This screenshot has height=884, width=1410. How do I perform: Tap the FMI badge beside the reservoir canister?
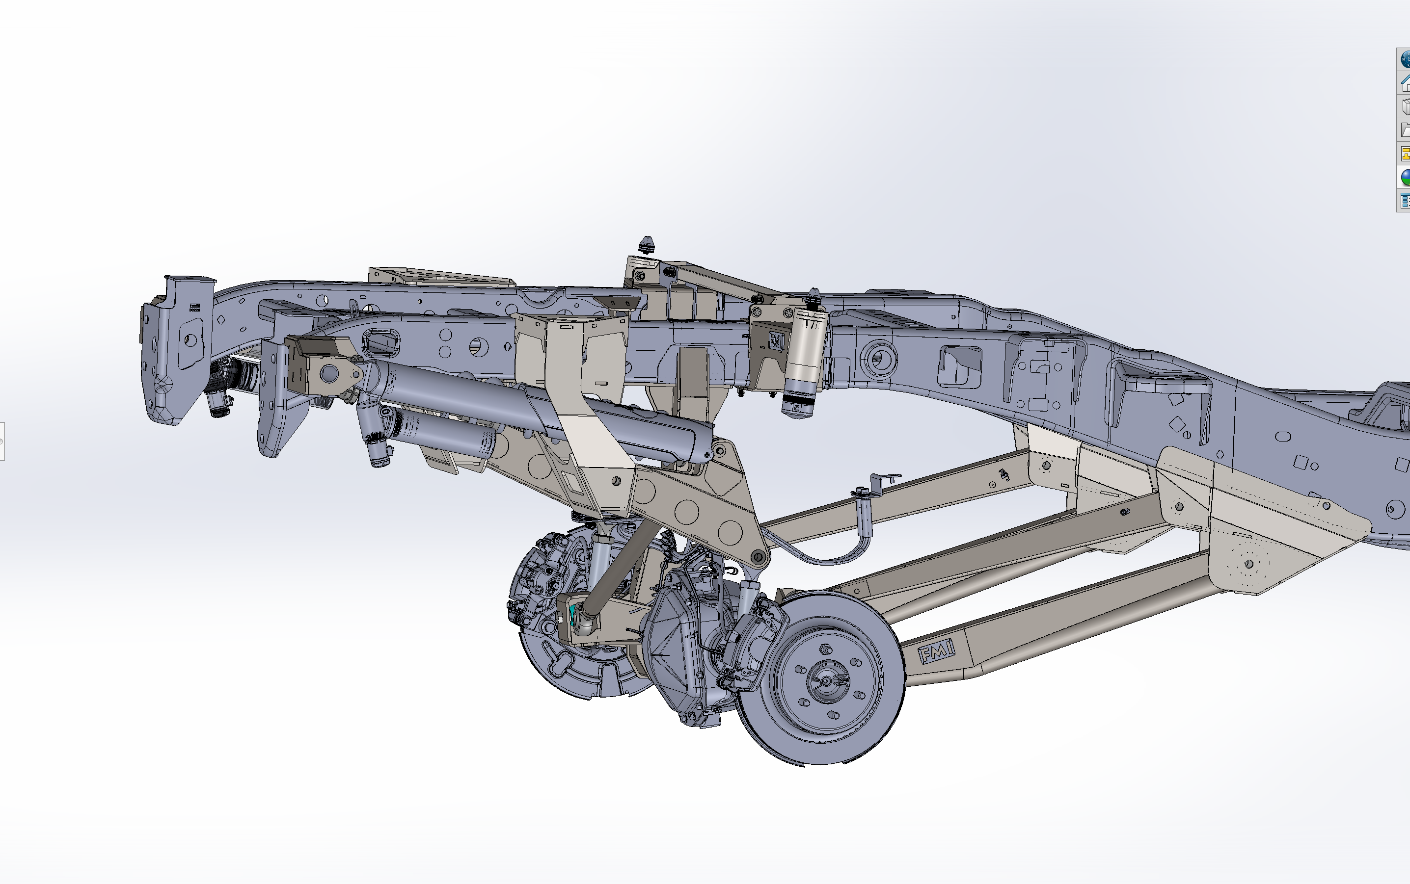776,341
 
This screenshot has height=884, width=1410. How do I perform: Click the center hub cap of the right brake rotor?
827,680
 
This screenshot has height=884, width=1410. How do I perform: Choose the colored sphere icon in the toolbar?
1404,177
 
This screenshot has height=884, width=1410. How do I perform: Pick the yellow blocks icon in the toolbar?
1404,153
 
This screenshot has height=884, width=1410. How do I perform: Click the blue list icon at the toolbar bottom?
1404,201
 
